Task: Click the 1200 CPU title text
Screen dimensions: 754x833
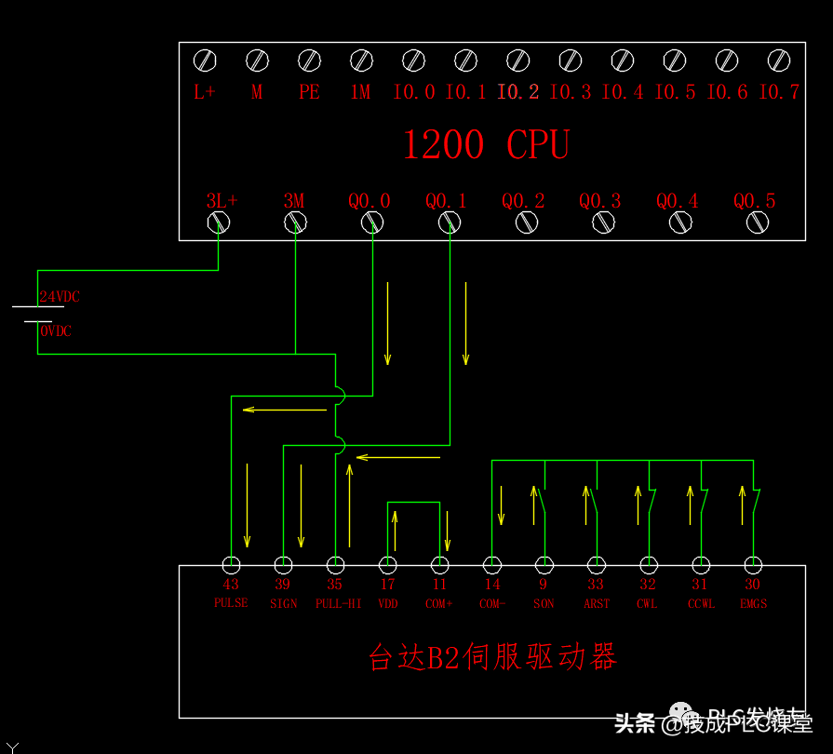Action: [485, 145]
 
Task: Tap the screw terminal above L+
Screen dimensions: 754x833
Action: [205, 61]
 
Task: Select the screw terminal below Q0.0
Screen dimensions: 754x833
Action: [372, 222]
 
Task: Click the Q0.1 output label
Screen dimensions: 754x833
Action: [447, 200]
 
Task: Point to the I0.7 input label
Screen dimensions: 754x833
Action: [779, 92]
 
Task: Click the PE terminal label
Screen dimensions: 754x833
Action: [309, 92]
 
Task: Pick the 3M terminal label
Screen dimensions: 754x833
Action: [294, 200]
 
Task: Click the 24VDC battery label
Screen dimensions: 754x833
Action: [60, 297]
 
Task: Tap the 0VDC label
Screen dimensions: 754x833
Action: [56, 331]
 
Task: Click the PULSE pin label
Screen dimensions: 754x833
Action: [231, 603]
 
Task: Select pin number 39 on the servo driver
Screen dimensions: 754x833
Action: [283, 585]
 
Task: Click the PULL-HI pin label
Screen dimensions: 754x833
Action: [338, 603]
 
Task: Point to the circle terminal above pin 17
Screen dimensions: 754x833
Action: [387, 565]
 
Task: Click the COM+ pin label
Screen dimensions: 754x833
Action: [440, 603]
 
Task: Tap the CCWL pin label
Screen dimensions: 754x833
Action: [700, 603]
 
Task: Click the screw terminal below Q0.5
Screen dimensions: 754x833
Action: [758, 222]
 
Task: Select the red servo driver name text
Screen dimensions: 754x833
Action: [492, 657]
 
